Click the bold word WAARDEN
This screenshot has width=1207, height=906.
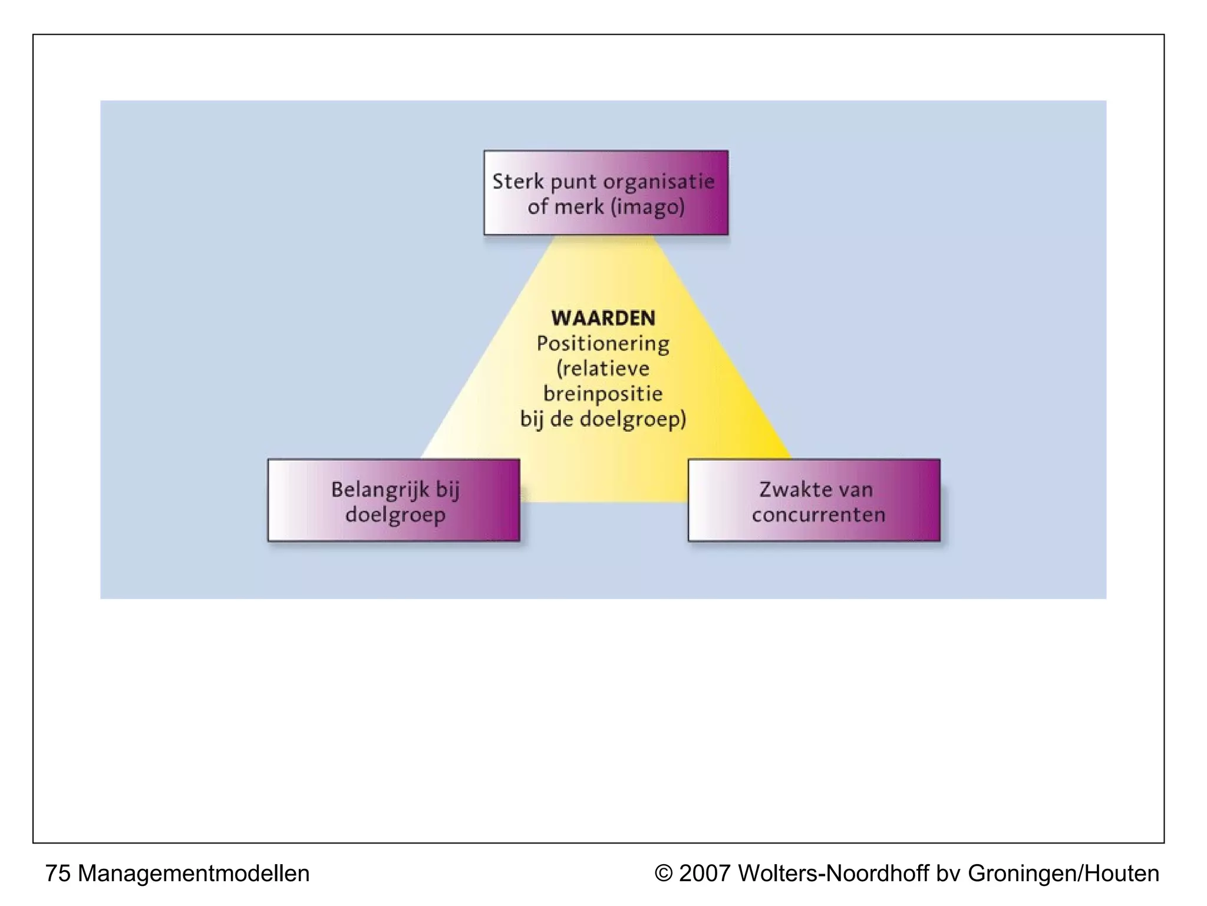click(x=603, y=318)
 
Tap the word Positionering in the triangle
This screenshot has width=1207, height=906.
click(x=603, y=343)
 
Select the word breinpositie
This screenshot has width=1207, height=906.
click(x=603, y=393)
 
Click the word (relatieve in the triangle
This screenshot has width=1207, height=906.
click(x=603, y=369)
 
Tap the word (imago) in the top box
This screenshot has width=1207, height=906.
click(x=648, y=206)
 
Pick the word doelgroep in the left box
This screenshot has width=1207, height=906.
click(x=395, y=515)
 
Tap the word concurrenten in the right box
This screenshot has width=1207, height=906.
click(x=819, y=515)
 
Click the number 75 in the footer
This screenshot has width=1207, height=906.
click(x=58, y=874)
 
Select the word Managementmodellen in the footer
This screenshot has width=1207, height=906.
click(x=193, y=874)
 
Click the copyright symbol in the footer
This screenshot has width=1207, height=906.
click(x=664, y=874)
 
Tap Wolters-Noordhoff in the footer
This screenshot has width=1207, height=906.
click(x=833, y=874)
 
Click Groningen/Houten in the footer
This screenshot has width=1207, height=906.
click(x=1063, y=874)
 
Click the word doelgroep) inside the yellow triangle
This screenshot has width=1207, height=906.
click(x=633, y=419)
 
